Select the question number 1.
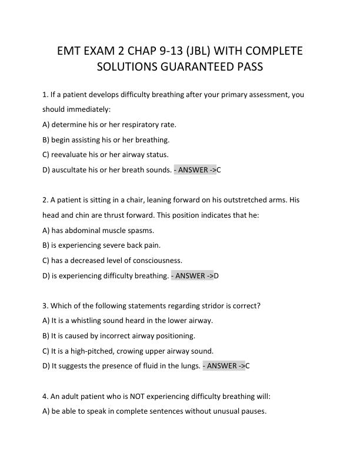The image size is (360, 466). pyautogui.click(x=45, y=94)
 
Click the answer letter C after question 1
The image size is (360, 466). pyautogui.click(x=219, y=170)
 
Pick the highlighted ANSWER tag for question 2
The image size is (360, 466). pyautogui.click(x=192, y=275)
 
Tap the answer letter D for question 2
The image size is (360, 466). pyautogui.click(x=216, y=275)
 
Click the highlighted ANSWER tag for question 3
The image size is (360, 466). pyautogui.click(x=224, y=366)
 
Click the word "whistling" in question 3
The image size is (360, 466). pyautogui.click(x=89, y=321)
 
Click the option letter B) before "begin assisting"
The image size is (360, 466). pyautogui.click(x=46, y=139)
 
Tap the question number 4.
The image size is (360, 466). pyautogui.click(x=45, y=396)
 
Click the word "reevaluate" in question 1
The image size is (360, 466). pyautogui.click(x=70, y=155)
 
